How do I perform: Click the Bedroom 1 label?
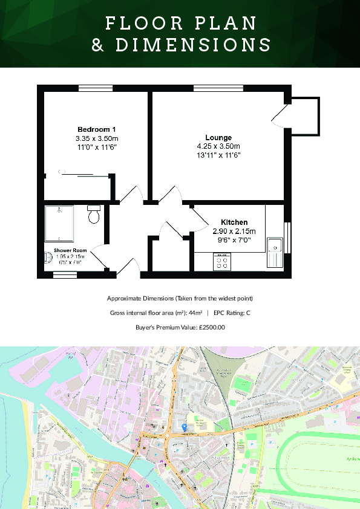coord(96,129)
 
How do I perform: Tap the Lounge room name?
coord(218,138)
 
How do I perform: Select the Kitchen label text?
coord(234,222)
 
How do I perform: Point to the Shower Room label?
coord(70,250)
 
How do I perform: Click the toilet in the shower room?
coord(94,214)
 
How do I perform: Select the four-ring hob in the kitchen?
coord(221,261)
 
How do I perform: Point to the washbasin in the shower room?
coord(48,258)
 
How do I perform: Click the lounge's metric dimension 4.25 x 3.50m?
coord(218,146)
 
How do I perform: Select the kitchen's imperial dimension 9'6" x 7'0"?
coord(234,239)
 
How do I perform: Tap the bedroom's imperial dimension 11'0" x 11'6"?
coord(96,147)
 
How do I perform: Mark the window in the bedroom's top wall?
coord(96,88)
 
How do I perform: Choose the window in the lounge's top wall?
coord(218,88)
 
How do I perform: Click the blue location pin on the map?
coord(185,427)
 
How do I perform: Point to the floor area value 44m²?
coord(194,313)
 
